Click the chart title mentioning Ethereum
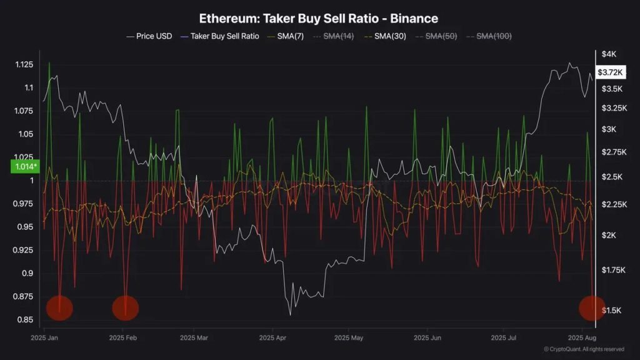pos(319,19)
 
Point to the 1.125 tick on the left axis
pos(24,65)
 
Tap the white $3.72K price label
pos(610,72)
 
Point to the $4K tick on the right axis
pos(608,54)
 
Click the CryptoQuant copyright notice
pos(583,349)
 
